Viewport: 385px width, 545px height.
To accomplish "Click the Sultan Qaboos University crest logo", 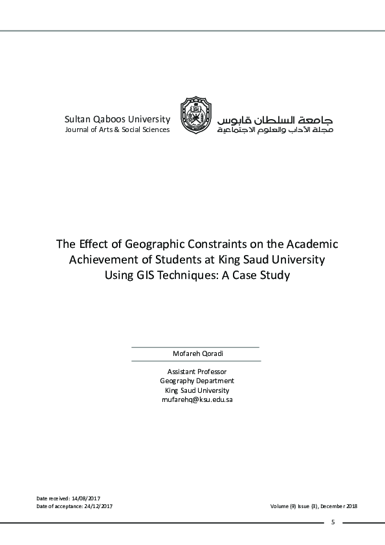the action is (x=195, y=115).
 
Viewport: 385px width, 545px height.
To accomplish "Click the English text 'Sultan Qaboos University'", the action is (x=117, y=119).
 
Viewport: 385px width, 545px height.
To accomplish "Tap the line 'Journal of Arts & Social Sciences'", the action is (x=117, y=129).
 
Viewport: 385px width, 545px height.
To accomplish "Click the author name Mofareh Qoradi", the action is (x=195, y=354).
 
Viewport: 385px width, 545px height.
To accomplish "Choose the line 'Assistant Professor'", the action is (x=197, y=372).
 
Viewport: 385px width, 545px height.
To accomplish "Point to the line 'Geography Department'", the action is (x=197, y=381).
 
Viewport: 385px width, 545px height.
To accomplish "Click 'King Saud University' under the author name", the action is (x=197, y=390).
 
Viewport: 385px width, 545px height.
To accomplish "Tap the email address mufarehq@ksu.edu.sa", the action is (x=197, y=400).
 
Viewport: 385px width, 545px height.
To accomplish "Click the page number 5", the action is (x=333, y=522).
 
